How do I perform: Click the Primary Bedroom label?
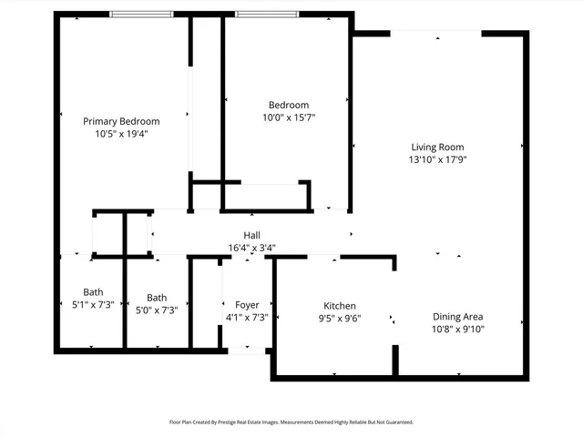point(121,121)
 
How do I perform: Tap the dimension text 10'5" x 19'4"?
point(121,134)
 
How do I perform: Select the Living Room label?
point(437,147)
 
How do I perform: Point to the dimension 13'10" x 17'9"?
point(437,159)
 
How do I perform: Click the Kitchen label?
point(340,305)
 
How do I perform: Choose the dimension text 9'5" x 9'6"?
point(340,318)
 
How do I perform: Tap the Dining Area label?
point(457,317)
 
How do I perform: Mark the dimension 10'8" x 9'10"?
point(457,330)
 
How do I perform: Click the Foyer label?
point(247,304)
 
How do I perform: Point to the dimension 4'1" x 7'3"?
point(247,317)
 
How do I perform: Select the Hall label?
point(252,235)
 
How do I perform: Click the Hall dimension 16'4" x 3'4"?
point(252,247)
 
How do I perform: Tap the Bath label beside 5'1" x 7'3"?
point(93,292)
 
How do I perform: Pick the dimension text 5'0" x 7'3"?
point(157,310)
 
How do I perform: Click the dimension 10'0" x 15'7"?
point(288,117)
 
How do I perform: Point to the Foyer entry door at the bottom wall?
point(241,349)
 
